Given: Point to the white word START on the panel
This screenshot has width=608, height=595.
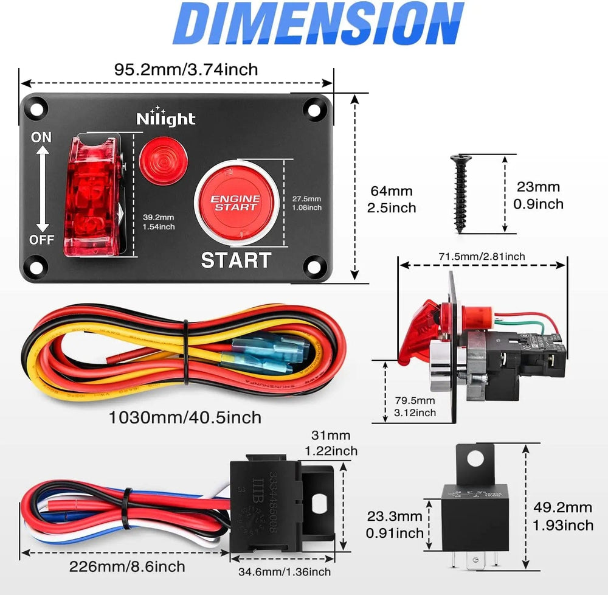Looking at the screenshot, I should (235, 260).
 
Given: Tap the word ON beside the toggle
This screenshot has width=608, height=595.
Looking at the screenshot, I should (41, 137).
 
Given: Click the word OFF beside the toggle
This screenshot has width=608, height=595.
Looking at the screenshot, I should (41, 239).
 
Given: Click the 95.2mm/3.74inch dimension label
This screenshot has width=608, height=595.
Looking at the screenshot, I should (186, 69).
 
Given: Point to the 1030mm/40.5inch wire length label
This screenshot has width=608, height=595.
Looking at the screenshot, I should (185, 417).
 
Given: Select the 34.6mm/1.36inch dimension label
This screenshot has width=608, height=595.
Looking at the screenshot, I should (283, 572).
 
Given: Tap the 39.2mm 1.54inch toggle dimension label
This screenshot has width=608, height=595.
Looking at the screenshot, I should (159, 221).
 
